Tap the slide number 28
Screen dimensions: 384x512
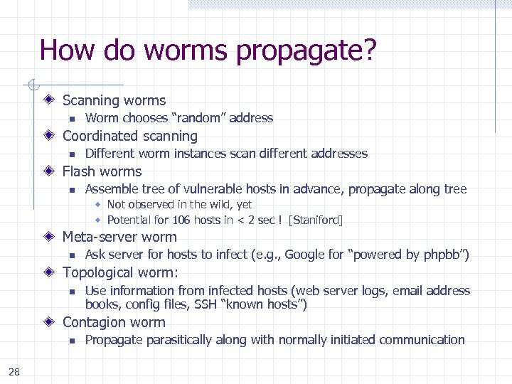point(15,370)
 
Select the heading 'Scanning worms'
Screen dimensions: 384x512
point(114,101)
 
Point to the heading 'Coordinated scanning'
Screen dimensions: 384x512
point(130,136)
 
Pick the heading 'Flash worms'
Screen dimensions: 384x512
point(102,171)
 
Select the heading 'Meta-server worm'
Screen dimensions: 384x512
point(119,237)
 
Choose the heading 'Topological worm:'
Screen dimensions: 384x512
point(120,272)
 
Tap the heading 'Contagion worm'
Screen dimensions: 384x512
point(114,322)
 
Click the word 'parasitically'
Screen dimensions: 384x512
point(178,340)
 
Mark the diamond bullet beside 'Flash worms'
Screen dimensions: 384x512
point(49,171)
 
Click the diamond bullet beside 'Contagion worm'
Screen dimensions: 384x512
point(49,322)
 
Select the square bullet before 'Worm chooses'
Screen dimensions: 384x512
point(71,119)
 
